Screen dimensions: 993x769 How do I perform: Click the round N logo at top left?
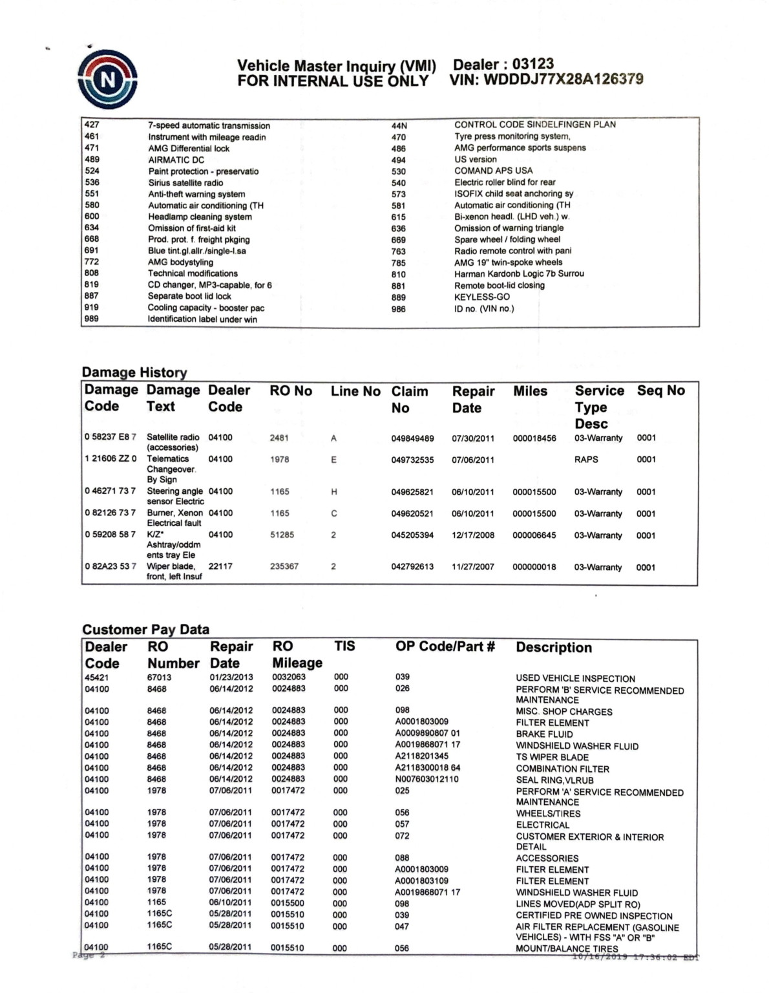coord(107,79)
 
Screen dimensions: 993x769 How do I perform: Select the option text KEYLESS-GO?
coord(481,297)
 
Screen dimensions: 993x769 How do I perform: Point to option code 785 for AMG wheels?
coord(399,263)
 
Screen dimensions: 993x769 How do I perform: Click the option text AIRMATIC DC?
coord(176,160)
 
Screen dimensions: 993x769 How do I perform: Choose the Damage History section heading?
coord(134,372)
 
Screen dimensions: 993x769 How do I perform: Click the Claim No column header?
coord(410,400)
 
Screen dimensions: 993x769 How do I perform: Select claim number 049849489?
coord(412,438)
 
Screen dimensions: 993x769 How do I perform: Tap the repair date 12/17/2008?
coord(473,535)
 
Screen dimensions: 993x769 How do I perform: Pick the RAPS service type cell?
coord(586,460)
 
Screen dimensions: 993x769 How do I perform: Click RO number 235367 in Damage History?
coord(284,566)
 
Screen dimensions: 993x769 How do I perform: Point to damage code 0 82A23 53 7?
coord(111,566)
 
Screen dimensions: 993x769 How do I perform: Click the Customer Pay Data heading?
coord(145,630)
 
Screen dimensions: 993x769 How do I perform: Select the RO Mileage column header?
coord(297,655)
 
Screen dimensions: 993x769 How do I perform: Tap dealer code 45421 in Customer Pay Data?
coord(97,678)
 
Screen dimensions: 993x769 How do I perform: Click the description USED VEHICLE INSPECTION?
coord(575,679)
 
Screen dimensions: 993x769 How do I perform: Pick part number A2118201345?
coord(421,756)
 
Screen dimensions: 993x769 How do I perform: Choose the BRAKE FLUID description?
coord(544,734)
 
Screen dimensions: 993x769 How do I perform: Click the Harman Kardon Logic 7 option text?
coord(519,274)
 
